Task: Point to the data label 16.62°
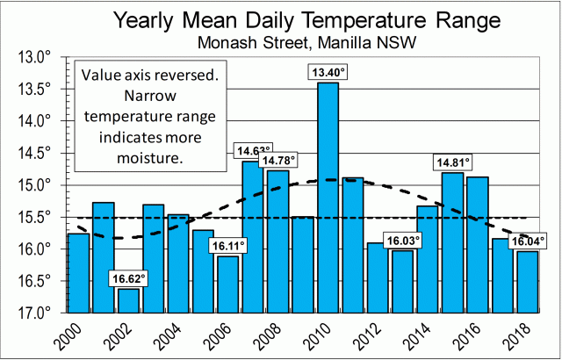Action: [x=128, y=278]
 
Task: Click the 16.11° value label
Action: [x=227, y=246]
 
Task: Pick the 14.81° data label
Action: [x=452, y=162]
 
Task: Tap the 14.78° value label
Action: [x=277, y=160]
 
